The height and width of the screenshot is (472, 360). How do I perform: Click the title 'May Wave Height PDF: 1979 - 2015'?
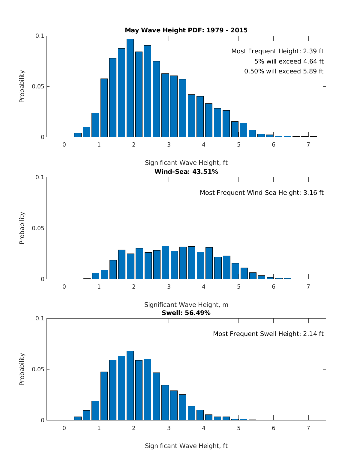click(x=186, y=30)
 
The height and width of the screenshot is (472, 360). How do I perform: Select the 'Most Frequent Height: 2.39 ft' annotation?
click(x=277, y=51)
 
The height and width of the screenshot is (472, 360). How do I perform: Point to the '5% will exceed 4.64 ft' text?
click(x=289, y=61)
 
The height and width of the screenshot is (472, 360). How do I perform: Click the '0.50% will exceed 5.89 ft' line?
click(x=284, y=71)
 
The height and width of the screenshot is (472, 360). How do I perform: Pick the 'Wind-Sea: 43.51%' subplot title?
click(x=186, y=172)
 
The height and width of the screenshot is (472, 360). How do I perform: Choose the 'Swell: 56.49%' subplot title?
click(x=186, y=313)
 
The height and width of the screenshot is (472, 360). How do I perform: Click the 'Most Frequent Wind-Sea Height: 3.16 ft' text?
click(x=262, y=193)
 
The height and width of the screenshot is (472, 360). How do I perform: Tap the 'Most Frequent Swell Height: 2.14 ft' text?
click(x=268, y=334)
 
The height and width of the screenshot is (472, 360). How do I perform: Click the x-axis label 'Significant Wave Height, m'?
click(x=186, y=305)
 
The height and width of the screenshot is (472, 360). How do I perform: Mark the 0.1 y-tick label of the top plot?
click(x=40, y=36)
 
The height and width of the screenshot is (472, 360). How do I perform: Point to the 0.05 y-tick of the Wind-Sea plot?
click(x=38, y=228)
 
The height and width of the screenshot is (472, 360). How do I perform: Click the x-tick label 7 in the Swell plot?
click(x=308, y=428)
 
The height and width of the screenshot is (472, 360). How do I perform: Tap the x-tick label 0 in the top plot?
click(x=64, y=145)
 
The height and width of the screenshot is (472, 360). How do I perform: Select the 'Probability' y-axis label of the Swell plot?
click(x=22, y=369)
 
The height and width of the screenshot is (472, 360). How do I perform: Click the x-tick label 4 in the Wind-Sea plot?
click(x=204, y=286)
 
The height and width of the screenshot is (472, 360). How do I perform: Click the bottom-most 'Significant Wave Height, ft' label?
click(x=186, y=446)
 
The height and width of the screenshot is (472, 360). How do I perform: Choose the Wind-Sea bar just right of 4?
click(x=209, y=263)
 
